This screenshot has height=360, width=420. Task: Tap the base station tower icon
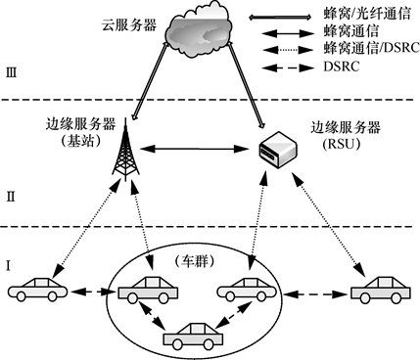point(125,151)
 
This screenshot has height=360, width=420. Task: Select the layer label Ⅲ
point(12,69)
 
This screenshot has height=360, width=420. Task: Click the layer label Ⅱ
point(12,196)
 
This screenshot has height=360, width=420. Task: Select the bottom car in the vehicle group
point(192,336)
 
